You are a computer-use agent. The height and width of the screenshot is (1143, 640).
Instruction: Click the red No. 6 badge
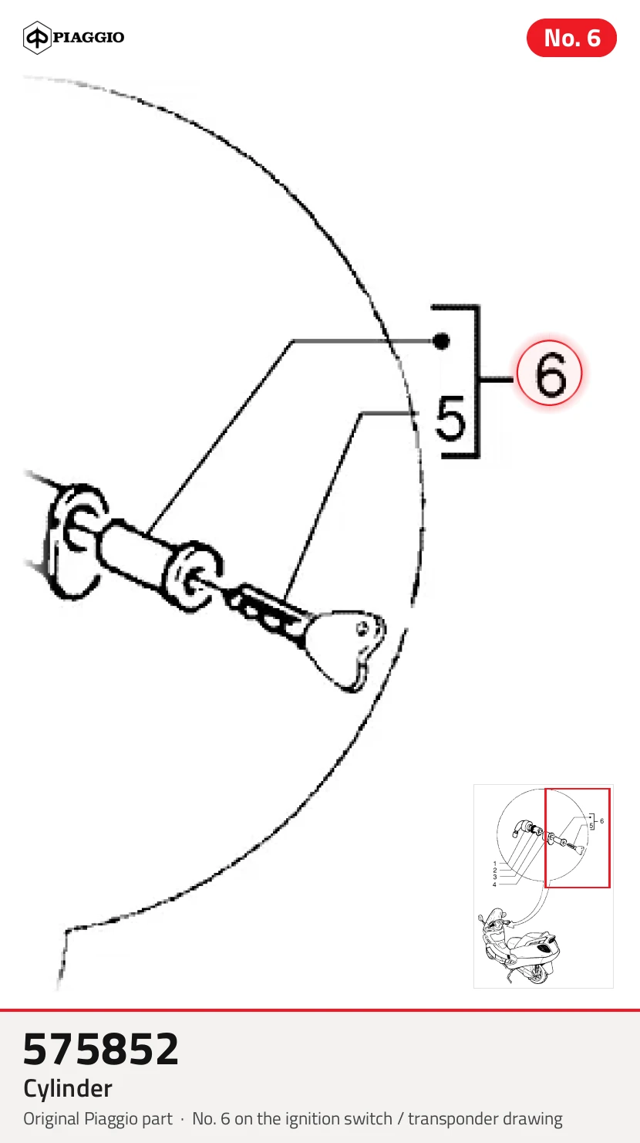coord(571,38)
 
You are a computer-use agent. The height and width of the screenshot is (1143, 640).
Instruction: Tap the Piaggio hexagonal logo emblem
coord(37,37)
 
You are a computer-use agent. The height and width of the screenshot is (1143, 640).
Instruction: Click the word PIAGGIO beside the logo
coord(89,37)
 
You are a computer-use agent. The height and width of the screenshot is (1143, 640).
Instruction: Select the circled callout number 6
coord(549,373)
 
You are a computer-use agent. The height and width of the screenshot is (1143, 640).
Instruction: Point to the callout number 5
coord(451,418)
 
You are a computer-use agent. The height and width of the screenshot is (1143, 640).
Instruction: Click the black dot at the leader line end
coord(441,340)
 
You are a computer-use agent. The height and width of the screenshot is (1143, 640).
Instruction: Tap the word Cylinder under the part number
coord(68,1088)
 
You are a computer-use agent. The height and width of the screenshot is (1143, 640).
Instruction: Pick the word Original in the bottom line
coord(52,1119)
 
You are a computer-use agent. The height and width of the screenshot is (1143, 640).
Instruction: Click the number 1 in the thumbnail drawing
coord(495,864)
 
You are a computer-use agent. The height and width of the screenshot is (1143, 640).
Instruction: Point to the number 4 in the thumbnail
coord(494,884)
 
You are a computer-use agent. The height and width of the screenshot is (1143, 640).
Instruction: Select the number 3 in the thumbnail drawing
coord(495,878)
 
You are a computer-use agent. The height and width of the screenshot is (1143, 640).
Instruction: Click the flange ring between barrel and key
coord(191,576)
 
